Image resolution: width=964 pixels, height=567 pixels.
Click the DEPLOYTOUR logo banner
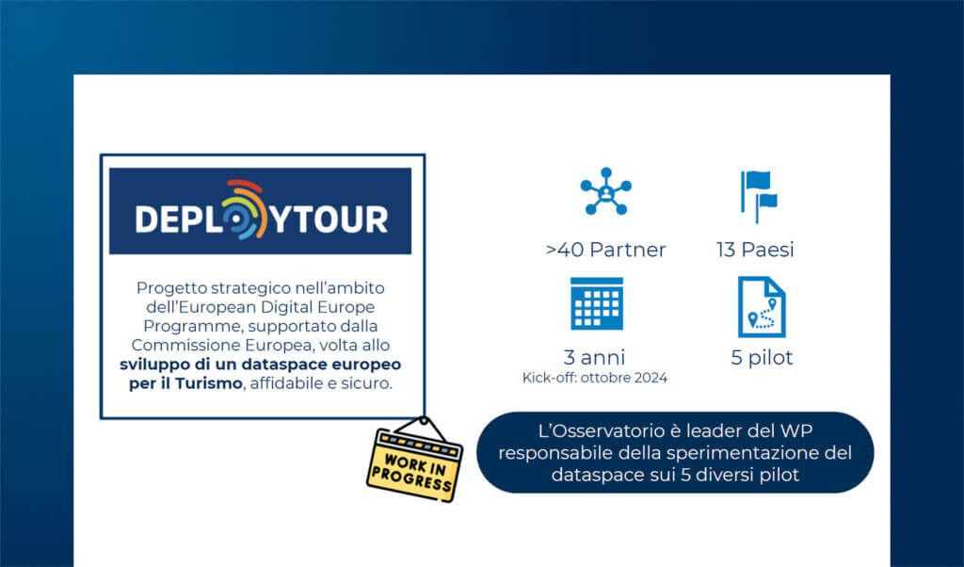(260, 211)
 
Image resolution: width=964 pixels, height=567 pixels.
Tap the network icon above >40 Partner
(606, 191)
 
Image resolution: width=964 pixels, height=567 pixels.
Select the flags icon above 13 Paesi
(759, 196)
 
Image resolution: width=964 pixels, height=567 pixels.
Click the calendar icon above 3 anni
(596, 304)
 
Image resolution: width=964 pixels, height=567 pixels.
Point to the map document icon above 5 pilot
(762, 307)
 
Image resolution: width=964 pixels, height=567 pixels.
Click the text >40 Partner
(605, 250)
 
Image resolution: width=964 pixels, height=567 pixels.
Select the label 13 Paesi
(755, 250)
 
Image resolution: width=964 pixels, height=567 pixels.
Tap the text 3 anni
(595, 357)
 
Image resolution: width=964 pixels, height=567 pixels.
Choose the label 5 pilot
(762, 357)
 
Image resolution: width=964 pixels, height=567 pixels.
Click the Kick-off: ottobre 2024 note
(595, 378)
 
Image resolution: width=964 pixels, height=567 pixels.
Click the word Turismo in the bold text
(208, 383)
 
